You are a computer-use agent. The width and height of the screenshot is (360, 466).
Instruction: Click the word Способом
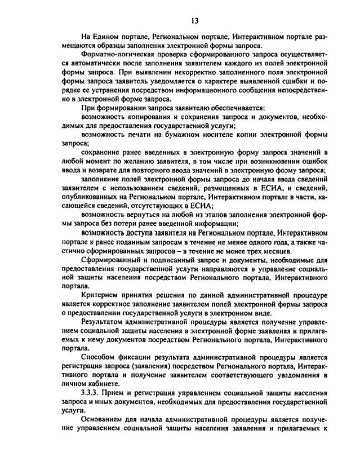pos(99,357)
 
